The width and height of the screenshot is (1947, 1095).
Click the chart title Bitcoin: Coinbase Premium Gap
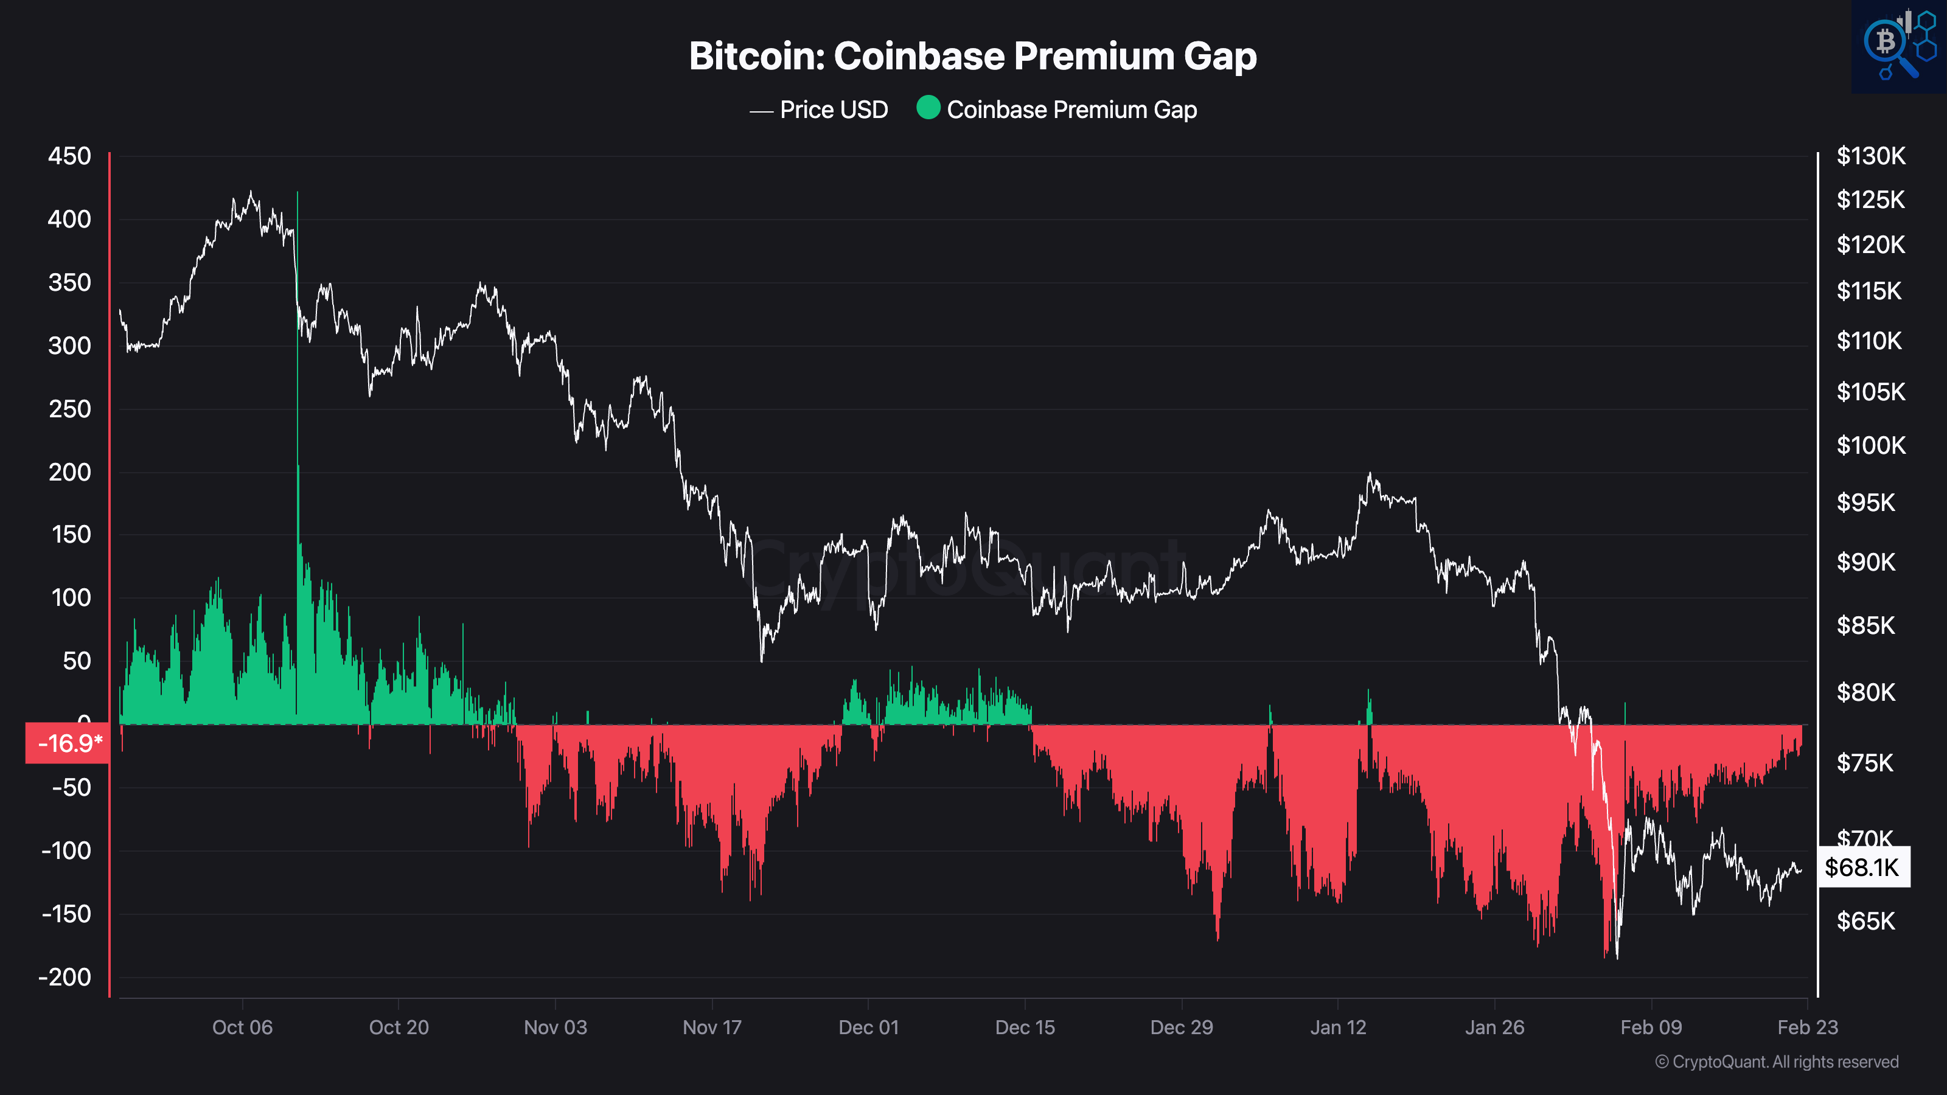973,56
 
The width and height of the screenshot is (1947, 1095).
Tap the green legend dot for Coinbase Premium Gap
928,108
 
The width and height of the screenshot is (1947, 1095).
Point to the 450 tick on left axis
69,156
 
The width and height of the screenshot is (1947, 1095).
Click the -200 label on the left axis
65,977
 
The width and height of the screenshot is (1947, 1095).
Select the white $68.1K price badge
1863,867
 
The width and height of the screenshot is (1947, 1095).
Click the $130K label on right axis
1871,156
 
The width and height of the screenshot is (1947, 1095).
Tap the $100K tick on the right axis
1871,445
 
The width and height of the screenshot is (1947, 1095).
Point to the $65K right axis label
1865,921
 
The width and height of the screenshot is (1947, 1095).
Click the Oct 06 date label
242,1027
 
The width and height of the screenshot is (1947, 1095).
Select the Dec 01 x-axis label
868,1027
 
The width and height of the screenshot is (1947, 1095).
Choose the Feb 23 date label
1807,1027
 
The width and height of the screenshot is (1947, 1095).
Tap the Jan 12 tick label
1338,1027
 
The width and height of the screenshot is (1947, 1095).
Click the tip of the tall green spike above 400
297,193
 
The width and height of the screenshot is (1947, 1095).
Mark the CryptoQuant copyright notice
1776,1062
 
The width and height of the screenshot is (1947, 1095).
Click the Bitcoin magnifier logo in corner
1898,46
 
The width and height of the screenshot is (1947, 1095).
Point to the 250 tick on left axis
69,409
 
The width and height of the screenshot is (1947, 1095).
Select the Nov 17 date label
712,1027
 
